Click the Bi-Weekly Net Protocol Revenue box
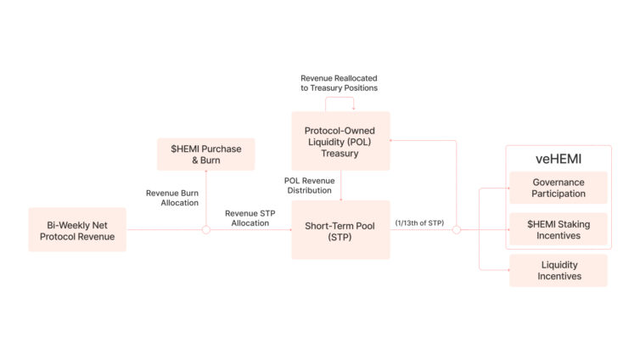point(77,229)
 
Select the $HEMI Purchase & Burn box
point(206,155)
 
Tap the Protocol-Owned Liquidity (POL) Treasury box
point(341,141)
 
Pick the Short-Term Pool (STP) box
point(341,230)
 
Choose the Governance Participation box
point(559,188)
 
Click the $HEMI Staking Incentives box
point(559,229)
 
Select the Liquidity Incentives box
point(559,270)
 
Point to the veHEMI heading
point(559,159)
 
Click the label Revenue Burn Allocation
point(172,198)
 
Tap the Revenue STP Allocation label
point(250,218)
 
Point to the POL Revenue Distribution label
point(309,185)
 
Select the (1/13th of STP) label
point(419,222)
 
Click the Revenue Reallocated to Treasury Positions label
point(340,83)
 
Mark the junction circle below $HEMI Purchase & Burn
point(206,230)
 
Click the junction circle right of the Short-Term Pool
point(457,230)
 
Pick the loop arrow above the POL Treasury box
point(340,98)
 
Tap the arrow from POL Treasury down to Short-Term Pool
point(341,185)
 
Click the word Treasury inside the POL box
point(340,154)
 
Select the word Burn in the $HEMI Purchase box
point(211,160)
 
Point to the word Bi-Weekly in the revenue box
point(66,225)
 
